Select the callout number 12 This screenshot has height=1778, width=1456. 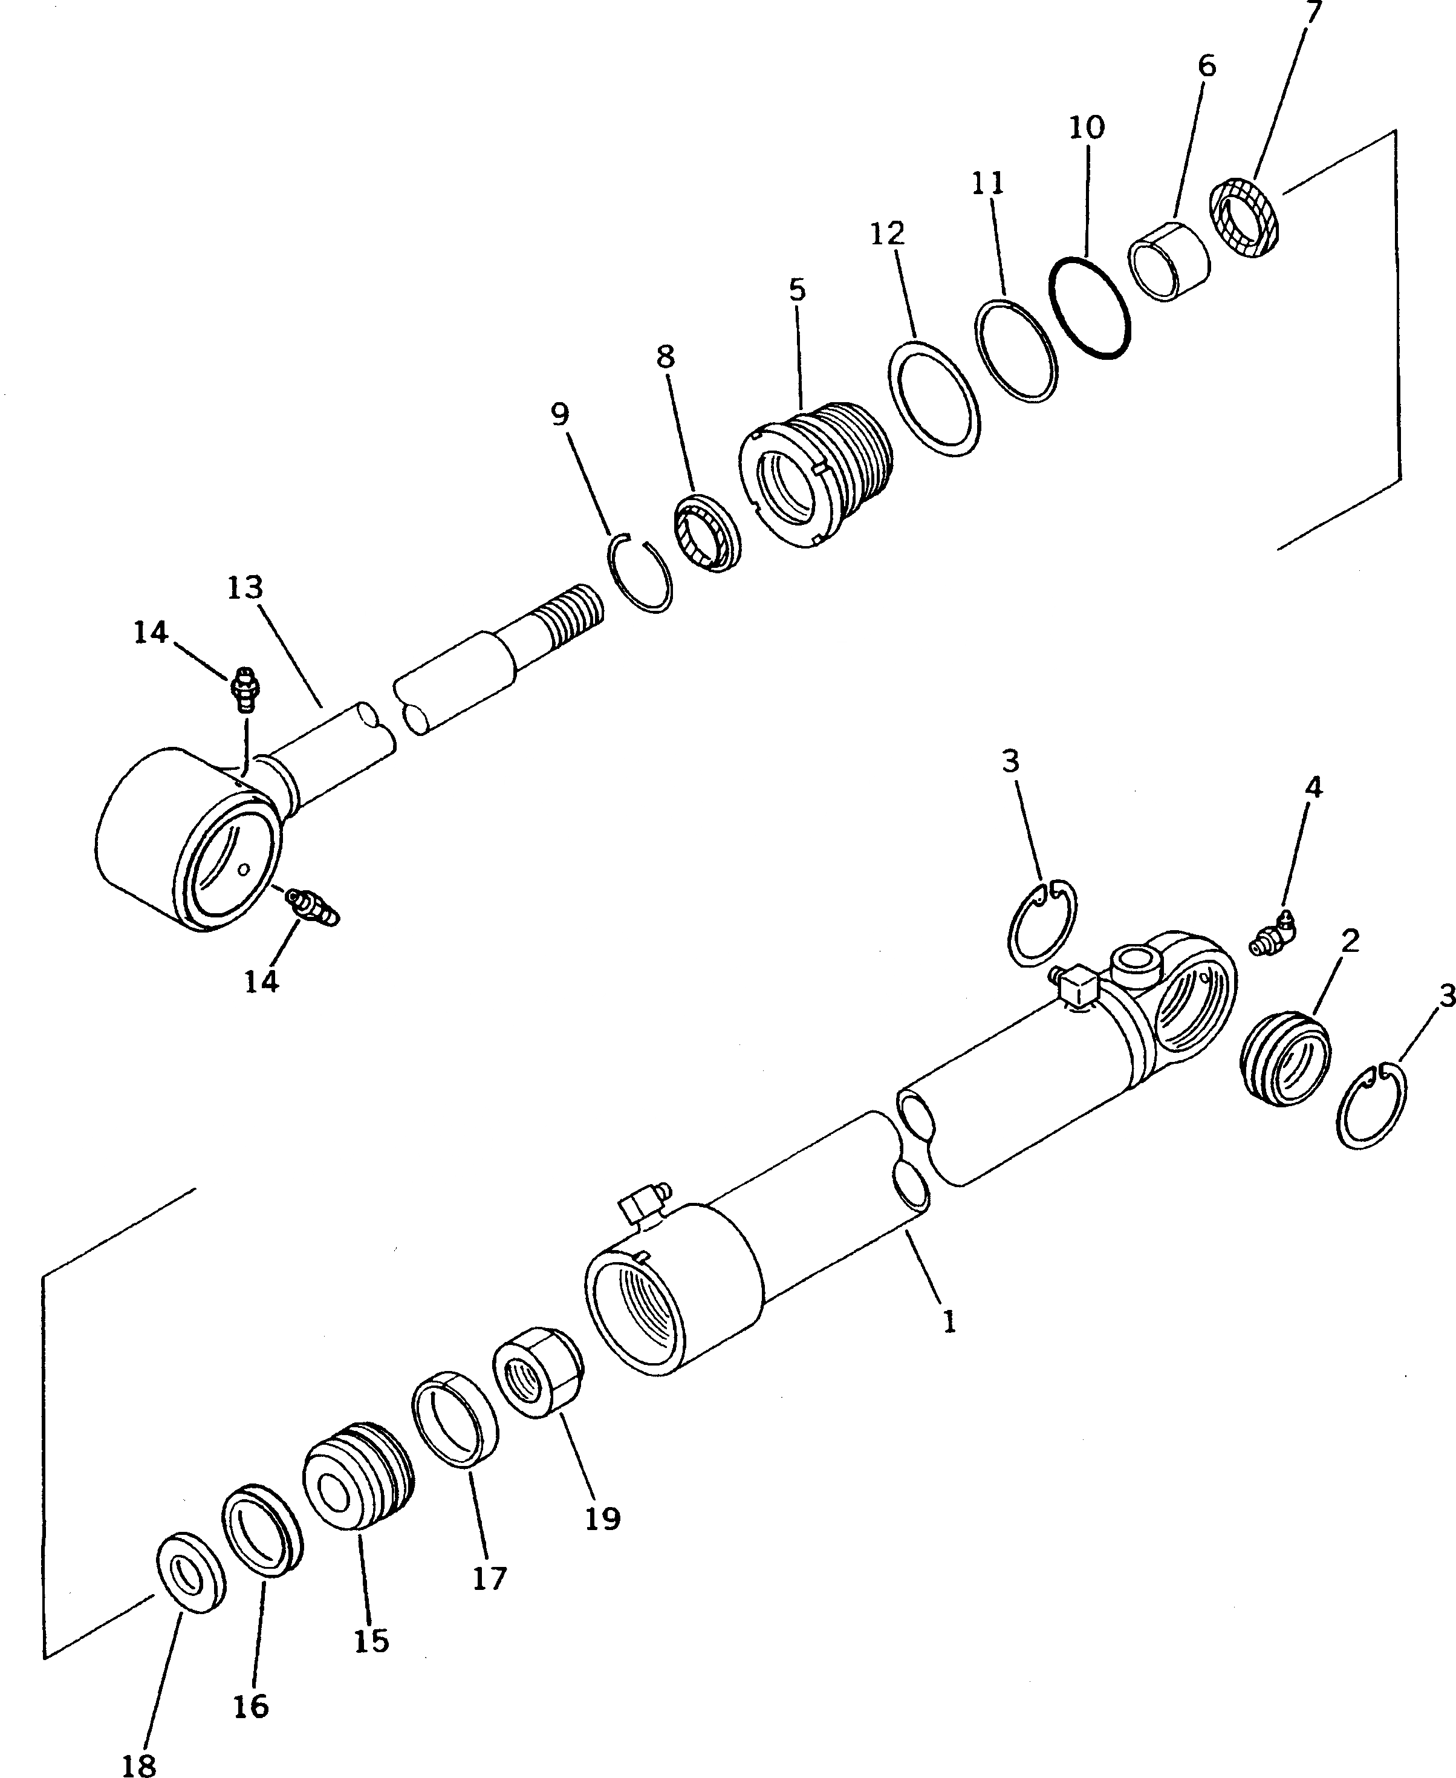(888, 234)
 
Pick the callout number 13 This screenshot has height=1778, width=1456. (245, 588)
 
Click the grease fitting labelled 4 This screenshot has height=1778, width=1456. (1272, 934)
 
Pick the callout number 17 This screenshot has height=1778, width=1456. (490, 1578)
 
